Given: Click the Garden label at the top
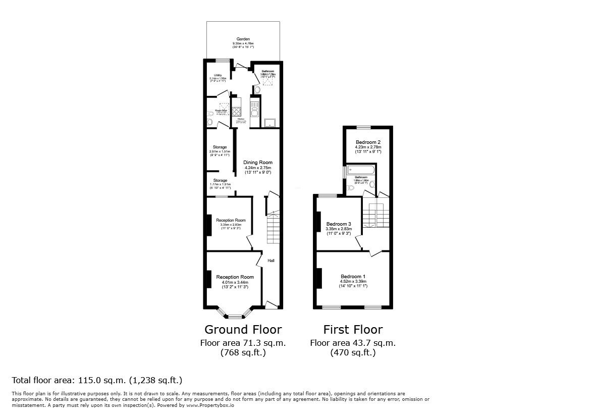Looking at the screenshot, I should (244, 39).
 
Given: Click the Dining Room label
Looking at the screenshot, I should (257, 163).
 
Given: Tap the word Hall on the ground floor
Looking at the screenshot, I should (271, 260).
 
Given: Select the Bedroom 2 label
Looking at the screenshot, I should (367, 142).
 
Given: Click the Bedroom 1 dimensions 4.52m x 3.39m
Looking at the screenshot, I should (353, 282).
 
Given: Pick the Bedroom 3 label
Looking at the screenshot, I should (338, 224).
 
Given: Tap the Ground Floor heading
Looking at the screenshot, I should (243, 330).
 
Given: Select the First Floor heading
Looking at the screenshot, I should (353, 330).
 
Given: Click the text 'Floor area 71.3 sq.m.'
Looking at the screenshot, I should (243, 343).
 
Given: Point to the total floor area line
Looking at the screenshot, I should (96, 380).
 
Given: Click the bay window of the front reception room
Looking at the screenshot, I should (234, 317).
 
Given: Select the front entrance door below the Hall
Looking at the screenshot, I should (272, 304).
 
